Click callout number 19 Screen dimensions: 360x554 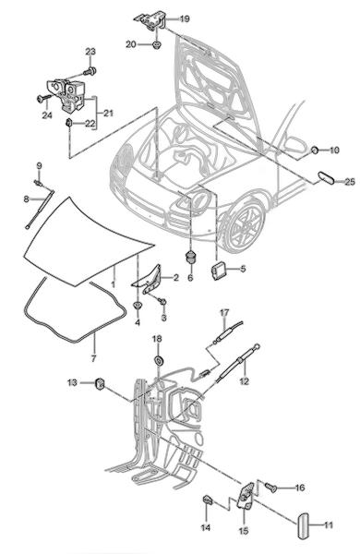tap(185, 18)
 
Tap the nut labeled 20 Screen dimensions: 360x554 tap(156, 45)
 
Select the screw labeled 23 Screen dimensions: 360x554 tap(90, 71)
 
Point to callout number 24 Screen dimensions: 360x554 tap(47, 115)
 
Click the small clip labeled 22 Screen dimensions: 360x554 tap(69, 124)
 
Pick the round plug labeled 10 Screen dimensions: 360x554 tap(314, 151)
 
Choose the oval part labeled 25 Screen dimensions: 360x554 tap(326, 177)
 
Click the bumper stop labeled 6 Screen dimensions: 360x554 tap(191, 257)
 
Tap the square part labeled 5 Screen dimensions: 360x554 tap(217, 271)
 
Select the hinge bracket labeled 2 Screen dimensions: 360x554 tap(148, 279)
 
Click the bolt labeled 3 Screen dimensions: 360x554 tap(162, 301)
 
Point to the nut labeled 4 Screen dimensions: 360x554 tap(138, 306)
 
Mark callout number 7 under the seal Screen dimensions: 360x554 tap(93, 358)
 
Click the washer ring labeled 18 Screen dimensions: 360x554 tap(159, 360)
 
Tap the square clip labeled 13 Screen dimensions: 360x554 tap(101, 383)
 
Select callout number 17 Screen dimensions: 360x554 tap(224, 313)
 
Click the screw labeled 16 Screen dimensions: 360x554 tap(271, 488)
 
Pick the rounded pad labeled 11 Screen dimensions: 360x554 tap(303, 525)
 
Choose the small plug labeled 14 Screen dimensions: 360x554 tap(208, 500)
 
